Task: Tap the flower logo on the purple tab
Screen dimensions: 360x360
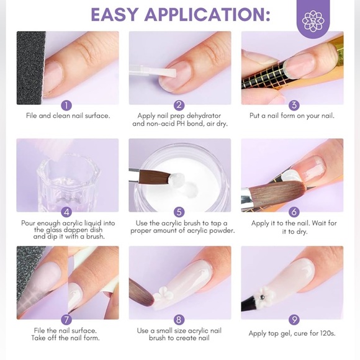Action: [313, 20]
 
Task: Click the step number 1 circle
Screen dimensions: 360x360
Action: [66, 106]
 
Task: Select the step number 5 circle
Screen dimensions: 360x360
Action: [179, 212]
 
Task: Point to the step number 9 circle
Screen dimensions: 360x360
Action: [294, 320]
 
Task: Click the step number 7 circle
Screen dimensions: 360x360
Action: [66, 320]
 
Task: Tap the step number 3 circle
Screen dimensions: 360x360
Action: [294, 106]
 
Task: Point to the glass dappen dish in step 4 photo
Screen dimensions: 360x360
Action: [68, 184]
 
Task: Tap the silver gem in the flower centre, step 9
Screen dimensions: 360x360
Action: [263, 297]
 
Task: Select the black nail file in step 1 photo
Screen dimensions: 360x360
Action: [30, 68]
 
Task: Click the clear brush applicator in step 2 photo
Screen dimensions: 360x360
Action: [152, 71]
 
